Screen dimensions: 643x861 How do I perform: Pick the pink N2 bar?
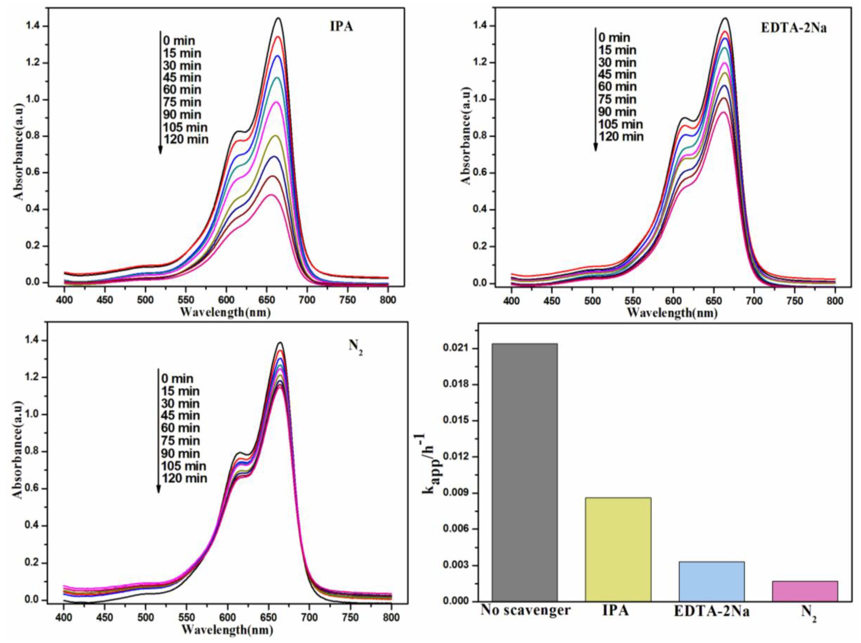pyautogui.click(x=805, y=591)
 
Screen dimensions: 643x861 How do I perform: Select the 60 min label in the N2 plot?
pyautogui.click(x=180, y=428)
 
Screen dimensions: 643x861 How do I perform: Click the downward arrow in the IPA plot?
pyautogui.click(x=160, y=93)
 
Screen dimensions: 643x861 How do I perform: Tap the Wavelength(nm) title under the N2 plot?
pyautogui.click(x=227, y=629)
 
